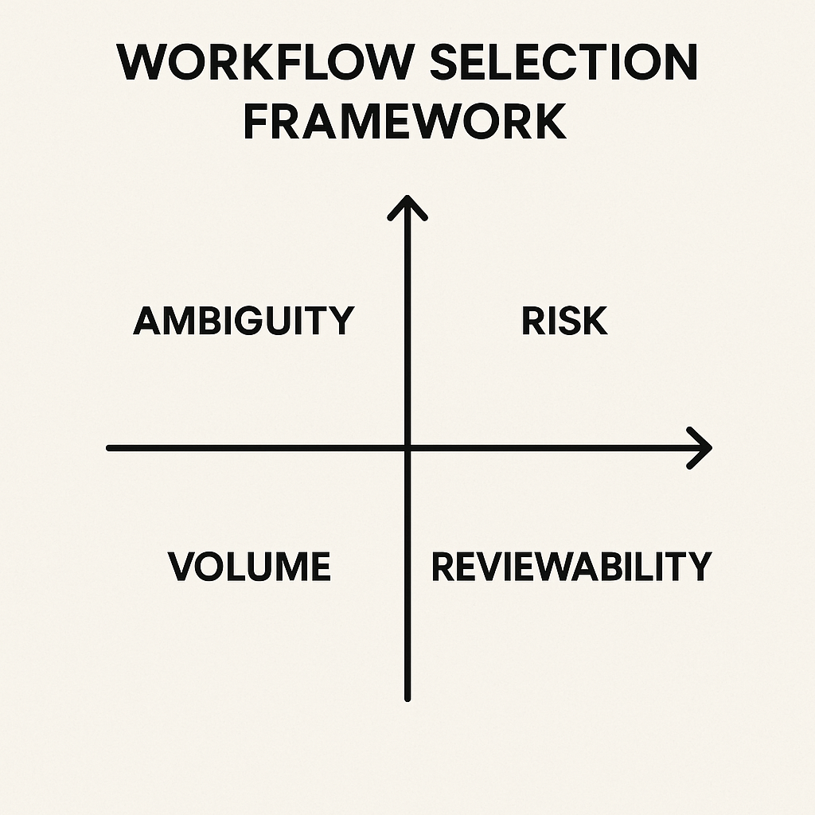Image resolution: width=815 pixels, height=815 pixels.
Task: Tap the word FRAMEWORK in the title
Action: (405, 123)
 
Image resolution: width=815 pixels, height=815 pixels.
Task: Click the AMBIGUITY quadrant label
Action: (243, 322)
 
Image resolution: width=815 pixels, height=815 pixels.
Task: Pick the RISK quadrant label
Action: (564, 322)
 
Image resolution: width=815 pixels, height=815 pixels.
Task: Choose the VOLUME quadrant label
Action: (249, 567)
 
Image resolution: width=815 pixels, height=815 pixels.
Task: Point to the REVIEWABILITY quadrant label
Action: (571, 567)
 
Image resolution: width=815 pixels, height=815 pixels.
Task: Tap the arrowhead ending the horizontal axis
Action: (702, 448)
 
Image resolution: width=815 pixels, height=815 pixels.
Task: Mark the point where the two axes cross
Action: (407, 448)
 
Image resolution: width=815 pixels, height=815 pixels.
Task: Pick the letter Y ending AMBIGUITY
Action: (340, 322)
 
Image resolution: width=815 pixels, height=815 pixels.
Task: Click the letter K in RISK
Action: (595, 322)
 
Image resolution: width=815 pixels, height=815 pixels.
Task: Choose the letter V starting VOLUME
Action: (182, 567)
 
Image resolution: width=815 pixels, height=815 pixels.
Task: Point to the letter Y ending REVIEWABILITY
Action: (697, 567)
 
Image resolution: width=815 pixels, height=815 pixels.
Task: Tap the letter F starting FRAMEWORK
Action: (256, 123)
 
